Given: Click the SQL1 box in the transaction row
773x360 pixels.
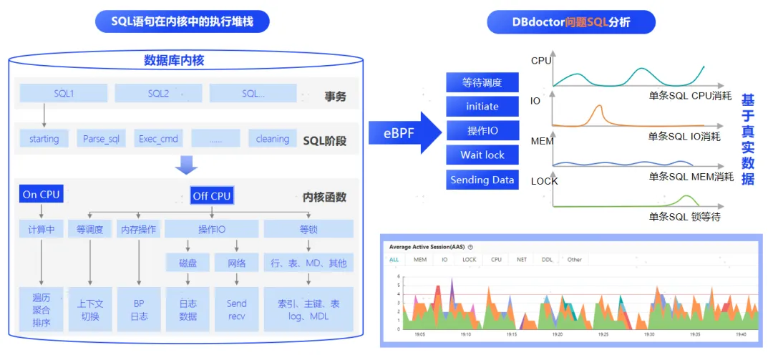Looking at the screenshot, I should click(64, 94).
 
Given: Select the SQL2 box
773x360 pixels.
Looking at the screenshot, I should click(158, 94).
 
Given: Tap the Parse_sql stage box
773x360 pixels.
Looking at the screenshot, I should click(101, 138).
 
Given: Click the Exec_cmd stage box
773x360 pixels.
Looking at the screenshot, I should click(158, 138).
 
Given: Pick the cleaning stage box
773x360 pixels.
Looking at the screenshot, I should click(272, 138).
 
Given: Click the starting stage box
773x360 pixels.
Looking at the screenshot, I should click(44, 138).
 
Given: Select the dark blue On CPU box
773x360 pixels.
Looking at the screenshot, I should click(41, 194).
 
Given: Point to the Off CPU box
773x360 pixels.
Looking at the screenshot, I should click(212, 195).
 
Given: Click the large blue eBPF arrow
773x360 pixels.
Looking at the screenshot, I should click(404, 132).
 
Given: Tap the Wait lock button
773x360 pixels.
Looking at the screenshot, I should click(482, 155).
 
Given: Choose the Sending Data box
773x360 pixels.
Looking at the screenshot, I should click(482, 180).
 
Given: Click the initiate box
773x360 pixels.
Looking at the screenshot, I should click(482, 106).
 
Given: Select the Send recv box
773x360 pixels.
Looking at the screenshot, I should click(236, 310).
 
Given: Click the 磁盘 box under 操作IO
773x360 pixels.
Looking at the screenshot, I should click(188, 263).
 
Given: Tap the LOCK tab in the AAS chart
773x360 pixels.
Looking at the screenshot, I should click(469, 260).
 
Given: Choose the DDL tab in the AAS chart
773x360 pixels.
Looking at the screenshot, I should click(547, 260).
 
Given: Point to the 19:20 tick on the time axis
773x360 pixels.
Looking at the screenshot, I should click(558, 334).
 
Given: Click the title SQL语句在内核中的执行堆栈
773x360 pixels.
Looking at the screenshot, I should click(183, 21).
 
